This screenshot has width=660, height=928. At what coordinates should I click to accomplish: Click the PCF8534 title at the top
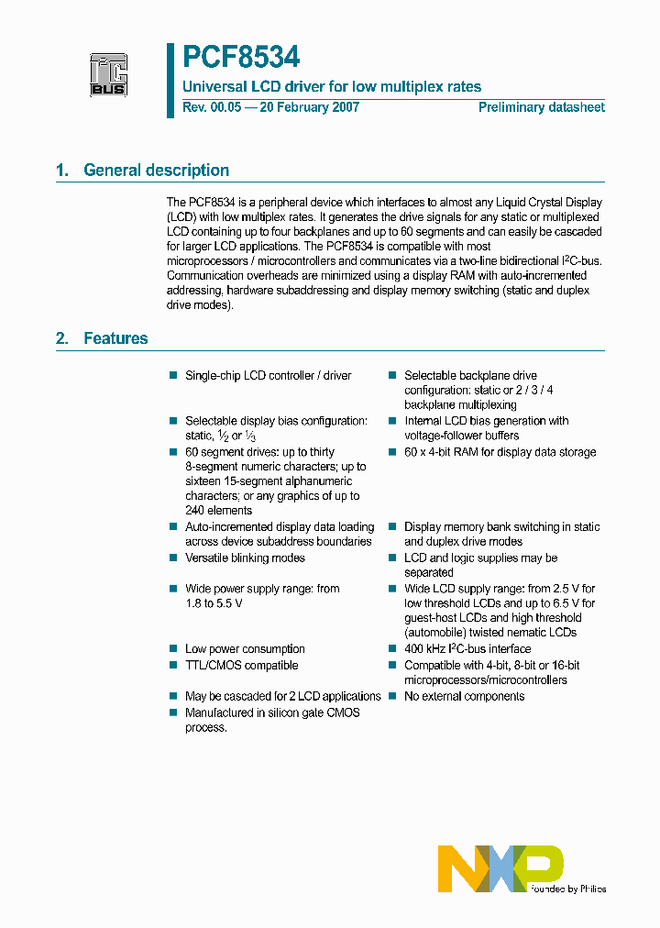pyautogui.click(x=241, y=58)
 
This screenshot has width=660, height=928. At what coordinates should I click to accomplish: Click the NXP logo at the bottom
pyautogui.click(x=500, y=869)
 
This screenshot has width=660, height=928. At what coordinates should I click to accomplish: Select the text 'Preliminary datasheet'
pyautogui.click(x=541, y=107)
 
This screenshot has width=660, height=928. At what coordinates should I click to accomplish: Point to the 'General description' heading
pyautogui.click(x=156, y=171)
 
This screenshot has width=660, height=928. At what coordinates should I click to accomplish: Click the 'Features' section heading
pyautogui.click(x=115, y=338)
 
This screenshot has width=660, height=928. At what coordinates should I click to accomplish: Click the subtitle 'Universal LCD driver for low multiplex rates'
pyautogui.click(x=332, y=87)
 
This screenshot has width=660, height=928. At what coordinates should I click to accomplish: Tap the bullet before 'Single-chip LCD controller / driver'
pyautogui.click(x=172, y=375)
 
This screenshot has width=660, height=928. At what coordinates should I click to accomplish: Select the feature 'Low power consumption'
pyautogui.click(x=245, y=649)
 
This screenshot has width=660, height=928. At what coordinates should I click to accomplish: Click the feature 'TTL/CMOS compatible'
pyautogui.click(x=241, y=666)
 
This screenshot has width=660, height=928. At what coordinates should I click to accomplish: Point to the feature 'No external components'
pyautogui.click(x=464, y=697)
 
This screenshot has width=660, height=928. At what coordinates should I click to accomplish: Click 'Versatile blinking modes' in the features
pyautogui.click(x=245, y=558)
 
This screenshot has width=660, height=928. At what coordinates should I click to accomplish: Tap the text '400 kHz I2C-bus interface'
pyautogui.click(x=467, y=649)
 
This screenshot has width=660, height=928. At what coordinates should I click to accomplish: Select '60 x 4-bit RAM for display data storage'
pyautogui.click(x=500, y=452)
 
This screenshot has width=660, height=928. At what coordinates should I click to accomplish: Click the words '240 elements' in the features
pyautogui.click(x=218, y=511)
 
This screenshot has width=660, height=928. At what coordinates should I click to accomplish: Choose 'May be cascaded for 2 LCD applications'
pyautogui.click(x=282, y=697)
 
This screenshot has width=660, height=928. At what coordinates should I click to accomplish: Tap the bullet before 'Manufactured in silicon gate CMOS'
pyautogui.click(x=172, y=713)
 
